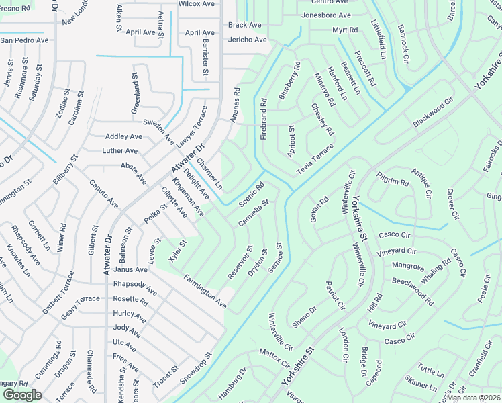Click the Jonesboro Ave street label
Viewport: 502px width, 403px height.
coord(326,15)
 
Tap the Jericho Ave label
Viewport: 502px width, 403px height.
coord(247,40)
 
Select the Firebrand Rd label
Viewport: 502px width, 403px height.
coord(264,120)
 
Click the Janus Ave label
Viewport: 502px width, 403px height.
coord(130,269)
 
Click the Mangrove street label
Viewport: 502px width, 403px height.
coord(408,267)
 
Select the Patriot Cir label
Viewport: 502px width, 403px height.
coord(335,296)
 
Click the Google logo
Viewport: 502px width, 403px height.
coord(22,395)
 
